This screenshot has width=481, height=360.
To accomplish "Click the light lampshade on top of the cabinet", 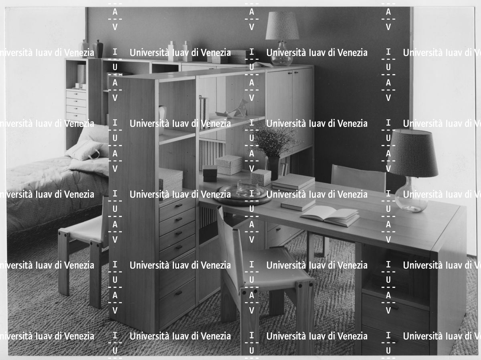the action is [282, 26].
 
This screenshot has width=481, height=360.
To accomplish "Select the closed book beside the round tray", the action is [298, 204].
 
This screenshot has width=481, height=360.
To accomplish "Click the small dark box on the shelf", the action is [210, 173].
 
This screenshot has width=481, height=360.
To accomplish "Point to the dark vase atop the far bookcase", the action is [98, 48].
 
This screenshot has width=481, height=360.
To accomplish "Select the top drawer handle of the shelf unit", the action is [179, 205].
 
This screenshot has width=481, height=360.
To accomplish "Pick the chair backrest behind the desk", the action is [358, 178].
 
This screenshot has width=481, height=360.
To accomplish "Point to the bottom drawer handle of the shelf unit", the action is [179, 293].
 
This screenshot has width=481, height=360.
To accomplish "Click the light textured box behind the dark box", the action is [229, 165].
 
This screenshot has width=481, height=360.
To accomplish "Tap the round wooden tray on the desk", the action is [243, 196].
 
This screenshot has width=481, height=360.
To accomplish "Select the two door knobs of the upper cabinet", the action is [291, 72].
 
